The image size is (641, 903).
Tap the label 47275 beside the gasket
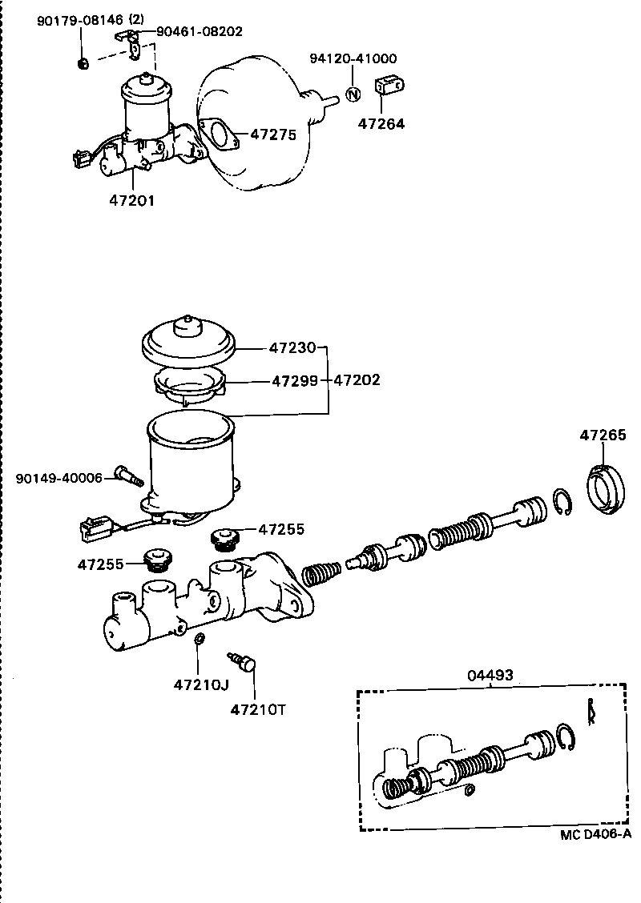273,134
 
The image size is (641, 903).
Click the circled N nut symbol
352,94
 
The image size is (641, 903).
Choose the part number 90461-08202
199,31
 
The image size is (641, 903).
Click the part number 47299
293,380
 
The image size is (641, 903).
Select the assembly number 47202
357,380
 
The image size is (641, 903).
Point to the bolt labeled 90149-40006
128,475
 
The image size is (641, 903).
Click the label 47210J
201,684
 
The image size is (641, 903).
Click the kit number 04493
490,675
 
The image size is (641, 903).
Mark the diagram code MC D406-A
595,834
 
